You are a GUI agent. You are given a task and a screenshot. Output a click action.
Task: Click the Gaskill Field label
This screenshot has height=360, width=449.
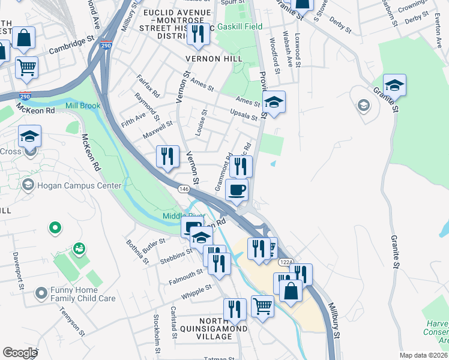(x=240, y=28)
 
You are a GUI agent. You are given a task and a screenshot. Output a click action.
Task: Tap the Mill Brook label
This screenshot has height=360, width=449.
(x=83, y=106)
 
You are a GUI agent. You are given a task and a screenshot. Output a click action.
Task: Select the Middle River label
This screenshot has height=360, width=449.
(x=179, y=216)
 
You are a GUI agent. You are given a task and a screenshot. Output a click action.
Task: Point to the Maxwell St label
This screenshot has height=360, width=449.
(x=158, y=129)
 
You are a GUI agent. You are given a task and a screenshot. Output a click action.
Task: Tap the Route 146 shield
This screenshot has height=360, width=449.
(x=184, y=189)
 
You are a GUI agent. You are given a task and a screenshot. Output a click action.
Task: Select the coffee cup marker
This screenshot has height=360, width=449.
(x=237, y=190)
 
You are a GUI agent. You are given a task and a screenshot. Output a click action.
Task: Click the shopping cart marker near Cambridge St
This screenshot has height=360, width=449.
(x=26, y=68)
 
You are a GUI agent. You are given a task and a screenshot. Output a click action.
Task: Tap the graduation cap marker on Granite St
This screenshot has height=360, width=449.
(x=394, y=85)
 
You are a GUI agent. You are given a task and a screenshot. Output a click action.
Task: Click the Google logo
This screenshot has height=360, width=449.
(x=20, y=353)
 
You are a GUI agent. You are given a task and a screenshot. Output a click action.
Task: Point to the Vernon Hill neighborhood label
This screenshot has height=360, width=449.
(x=214, y=59)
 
